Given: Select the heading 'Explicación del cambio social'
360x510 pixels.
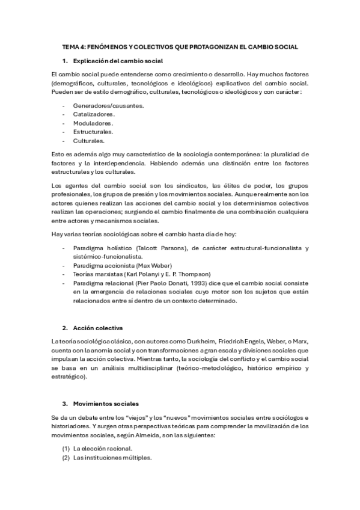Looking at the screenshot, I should click(x=117, y=61).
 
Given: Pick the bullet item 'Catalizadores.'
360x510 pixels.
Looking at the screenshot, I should click(x=94, y=114).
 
